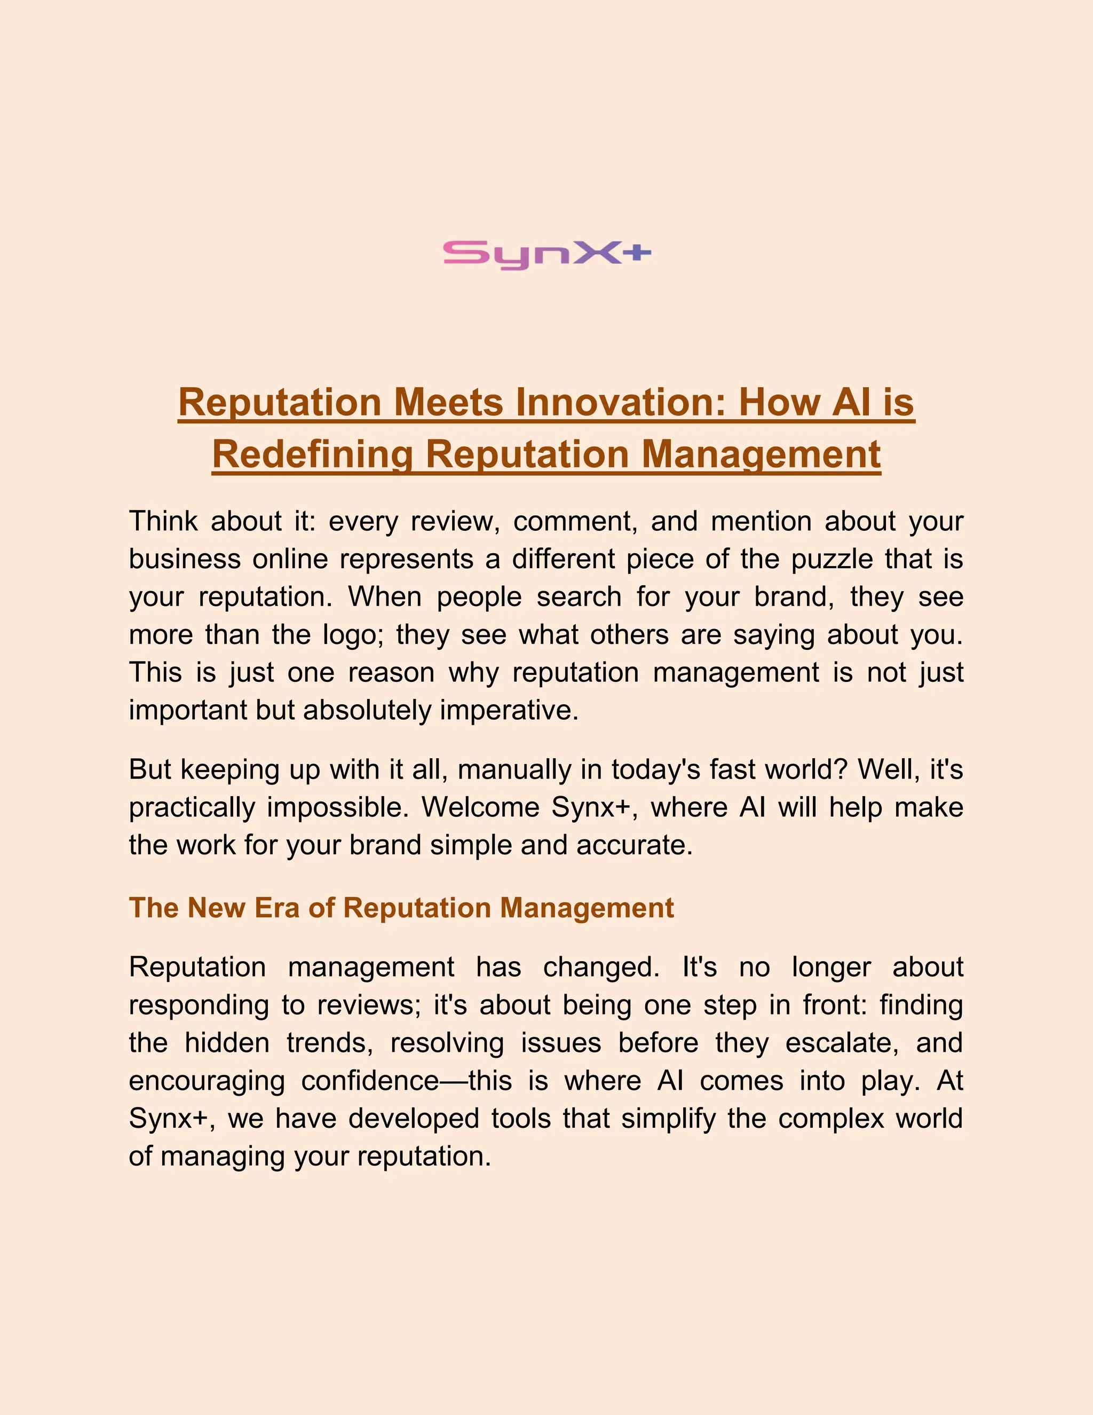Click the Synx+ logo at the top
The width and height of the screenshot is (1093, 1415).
(546, 254)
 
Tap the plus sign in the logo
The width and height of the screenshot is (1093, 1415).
(638, 253)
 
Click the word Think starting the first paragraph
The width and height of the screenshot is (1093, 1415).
(163, 521)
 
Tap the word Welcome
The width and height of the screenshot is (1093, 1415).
(480, 807)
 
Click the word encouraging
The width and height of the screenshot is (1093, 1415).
(207, 1081)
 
